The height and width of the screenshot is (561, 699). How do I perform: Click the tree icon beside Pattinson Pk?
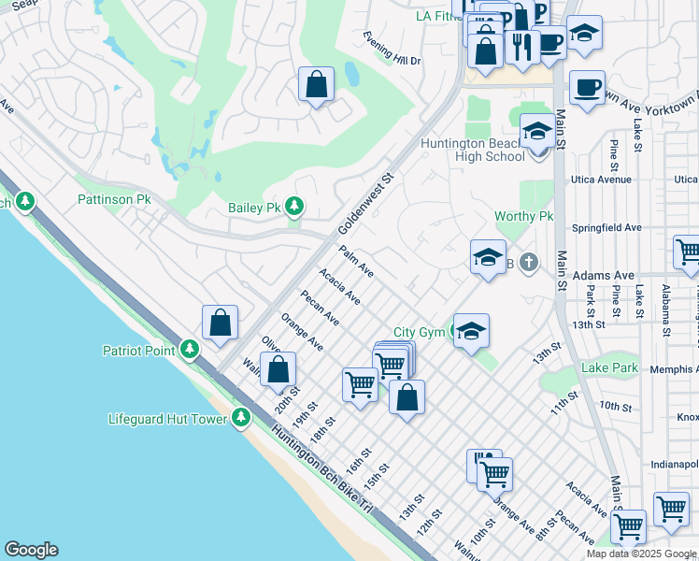[x=25, y=201]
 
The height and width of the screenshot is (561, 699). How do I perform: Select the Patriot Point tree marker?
[x=191, y=350]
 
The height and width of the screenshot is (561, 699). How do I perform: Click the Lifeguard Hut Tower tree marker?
[x=241, y=418]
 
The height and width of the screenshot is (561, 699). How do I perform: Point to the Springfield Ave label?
[x=607, y=227]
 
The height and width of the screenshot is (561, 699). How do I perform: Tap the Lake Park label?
[x=610, y=367]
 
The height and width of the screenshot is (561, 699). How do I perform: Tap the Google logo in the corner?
[x=31, y=550]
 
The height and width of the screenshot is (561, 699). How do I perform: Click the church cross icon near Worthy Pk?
[x=529, y=263]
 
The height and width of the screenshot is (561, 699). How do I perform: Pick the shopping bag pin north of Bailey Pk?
[x=317, y=84]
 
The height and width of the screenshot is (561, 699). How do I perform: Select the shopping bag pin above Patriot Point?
[x=221, y=324]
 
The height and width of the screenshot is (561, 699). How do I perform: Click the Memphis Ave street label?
[x=669, y=370]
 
